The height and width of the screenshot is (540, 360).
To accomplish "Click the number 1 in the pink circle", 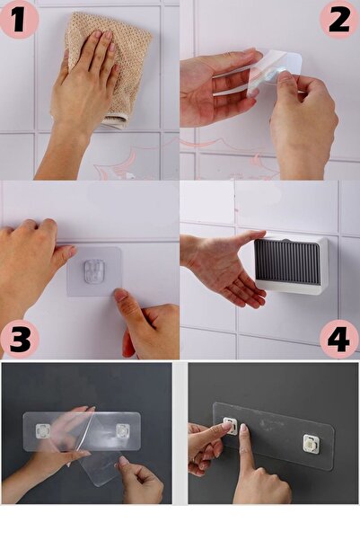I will pyautogui.click(x=19, y=19).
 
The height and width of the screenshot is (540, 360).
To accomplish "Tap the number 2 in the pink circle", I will pyautogui.click(x=338, y=19).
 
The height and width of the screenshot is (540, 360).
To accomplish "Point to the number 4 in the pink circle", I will pyautogui.click(x=338, y=339).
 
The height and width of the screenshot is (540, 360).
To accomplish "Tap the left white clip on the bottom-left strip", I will pyautogui.click(x=41, y=431).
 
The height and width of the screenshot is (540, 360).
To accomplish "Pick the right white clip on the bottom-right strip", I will pyautogui.click(x=311, y=442).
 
